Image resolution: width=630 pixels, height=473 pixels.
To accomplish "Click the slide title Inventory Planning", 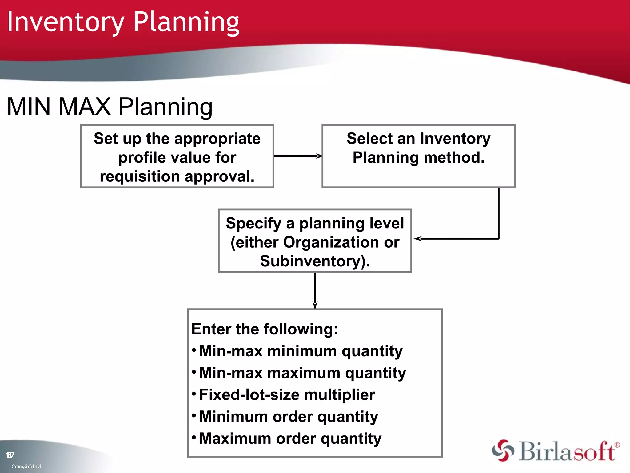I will (x=123, y=22).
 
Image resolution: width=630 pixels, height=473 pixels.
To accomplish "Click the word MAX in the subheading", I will (x=84, y=107).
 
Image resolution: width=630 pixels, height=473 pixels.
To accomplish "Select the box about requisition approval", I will (x=177, y=156).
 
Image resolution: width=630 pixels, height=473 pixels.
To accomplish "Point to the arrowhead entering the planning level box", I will (x=418, y=239).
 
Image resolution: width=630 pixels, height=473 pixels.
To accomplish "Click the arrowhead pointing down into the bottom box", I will (x=315, y=305).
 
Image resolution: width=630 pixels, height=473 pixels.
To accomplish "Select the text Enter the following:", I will (x=265, y=329).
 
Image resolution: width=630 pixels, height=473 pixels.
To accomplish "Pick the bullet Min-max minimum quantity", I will (x=301, y=351).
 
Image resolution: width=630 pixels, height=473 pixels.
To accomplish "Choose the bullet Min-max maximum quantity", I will (x=302, y=373).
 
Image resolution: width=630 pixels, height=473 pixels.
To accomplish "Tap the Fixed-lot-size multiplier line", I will (x=287, y=395).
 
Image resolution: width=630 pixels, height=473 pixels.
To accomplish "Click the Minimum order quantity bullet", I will (x=289, y=417).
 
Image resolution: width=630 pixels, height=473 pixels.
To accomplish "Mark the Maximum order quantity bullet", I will (x=290, y=439).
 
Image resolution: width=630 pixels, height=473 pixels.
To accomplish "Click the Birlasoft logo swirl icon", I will (x=503, y=451).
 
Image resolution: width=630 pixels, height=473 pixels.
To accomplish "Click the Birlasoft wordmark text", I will (x=568, y=451).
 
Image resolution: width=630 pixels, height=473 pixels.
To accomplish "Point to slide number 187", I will (x=10, y=455).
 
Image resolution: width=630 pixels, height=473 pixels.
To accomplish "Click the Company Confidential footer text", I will (x=26, y=467).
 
